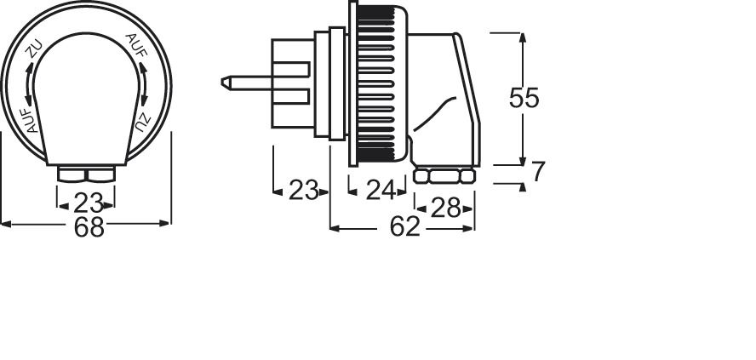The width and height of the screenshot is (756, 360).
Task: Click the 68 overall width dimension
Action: (x=88, y=227)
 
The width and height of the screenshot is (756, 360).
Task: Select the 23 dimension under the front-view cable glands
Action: (x=88, y=203)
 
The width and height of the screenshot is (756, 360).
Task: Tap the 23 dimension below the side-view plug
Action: (x=302, y=190)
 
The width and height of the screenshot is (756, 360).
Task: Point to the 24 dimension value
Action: (x=380, y=190)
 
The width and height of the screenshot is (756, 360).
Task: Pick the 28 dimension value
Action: (x=444, y=207)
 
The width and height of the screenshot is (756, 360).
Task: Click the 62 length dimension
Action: (x=405, y=227)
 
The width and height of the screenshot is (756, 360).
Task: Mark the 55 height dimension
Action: (x=524, y=98)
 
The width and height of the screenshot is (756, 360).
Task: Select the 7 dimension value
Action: (x=536, y=172)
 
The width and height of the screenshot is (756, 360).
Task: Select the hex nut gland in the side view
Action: (x=444, y=176)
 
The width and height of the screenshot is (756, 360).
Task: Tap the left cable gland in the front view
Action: (x=72, y=174)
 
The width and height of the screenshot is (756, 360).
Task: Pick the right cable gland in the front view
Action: (x=100, y=174)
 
